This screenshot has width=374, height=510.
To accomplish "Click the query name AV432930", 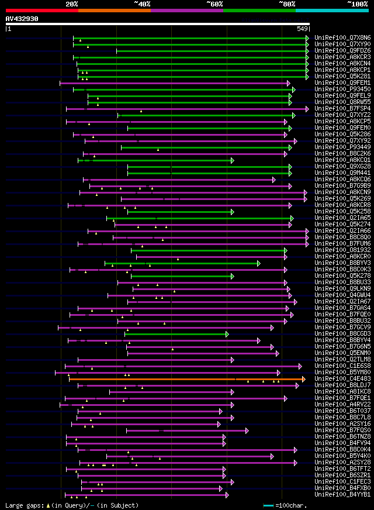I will click(x=22, y=19).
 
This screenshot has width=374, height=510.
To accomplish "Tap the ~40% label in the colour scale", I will click(x=142, y=4).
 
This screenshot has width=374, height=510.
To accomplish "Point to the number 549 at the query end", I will click(x=303, y=28).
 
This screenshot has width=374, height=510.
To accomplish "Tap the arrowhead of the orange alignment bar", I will click(x=303, y=379).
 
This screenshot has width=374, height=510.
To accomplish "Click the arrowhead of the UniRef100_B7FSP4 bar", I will click(x=307, y=109).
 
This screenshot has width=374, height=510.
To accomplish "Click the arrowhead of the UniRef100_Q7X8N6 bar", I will click(x=307, y=38).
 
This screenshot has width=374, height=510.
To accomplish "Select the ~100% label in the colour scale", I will click(x=357, y=4).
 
